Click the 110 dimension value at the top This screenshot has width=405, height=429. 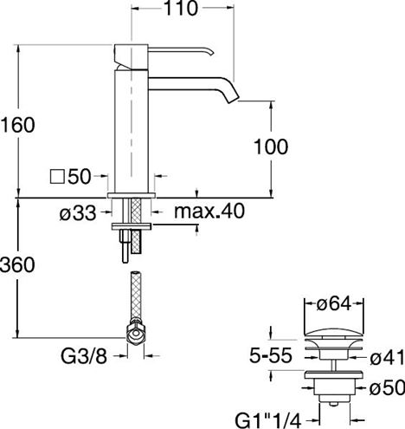(181, 8)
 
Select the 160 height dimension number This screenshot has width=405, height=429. (17, 125)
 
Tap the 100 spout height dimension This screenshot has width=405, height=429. (271, 146)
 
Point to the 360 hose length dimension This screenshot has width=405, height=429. (17, 265)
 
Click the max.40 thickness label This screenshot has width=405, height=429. (209, 211)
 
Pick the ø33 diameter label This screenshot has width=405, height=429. (78, 214)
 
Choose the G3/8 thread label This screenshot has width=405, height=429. (84, 356)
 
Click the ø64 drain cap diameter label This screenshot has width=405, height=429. (334, 304)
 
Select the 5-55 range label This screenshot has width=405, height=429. (271, 355)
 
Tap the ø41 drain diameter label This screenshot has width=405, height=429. (388, 358)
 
